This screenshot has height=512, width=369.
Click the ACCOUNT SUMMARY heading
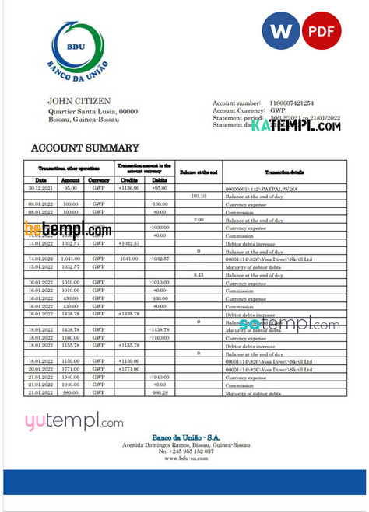click(x=85, y=148)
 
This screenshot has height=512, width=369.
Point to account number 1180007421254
click(x=292, y=103)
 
